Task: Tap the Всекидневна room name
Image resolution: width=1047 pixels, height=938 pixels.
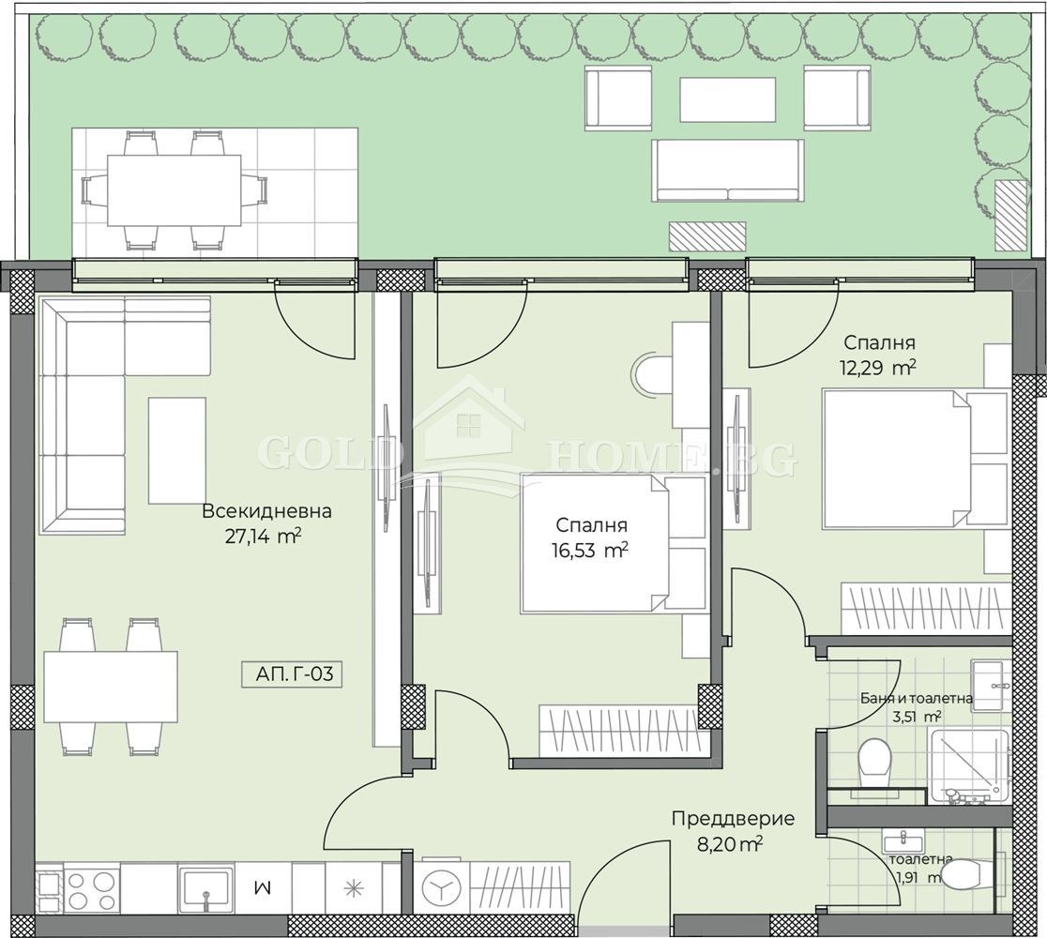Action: tap(266, 511)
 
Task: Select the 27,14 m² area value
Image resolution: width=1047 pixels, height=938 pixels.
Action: tap(263, 537)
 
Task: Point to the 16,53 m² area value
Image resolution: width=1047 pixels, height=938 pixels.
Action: tap(589, 550)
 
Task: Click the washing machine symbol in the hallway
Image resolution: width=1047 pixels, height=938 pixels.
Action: tap(441, 885)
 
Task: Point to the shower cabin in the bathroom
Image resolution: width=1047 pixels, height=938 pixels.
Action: tap(969, 765)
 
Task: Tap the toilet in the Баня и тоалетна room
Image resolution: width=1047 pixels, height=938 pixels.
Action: tap(873, 762)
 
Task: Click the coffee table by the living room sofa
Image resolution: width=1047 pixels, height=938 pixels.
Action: tap(177, 450)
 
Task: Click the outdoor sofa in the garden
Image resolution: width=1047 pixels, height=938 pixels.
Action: tap(728, 171)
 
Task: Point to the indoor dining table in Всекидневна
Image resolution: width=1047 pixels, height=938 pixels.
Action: tap(111, 688)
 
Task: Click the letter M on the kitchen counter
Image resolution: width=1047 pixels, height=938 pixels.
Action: tap(264, 887)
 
